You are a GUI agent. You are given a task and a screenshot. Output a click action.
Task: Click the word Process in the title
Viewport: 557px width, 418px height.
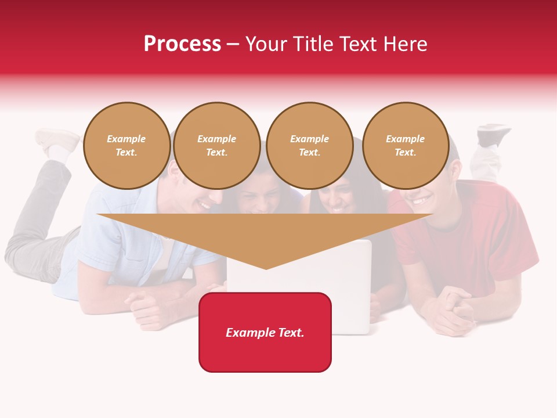click(x=182, y=44)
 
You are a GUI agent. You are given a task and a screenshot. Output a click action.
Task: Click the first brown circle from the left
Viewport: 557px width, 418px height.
click(x=126, y=146)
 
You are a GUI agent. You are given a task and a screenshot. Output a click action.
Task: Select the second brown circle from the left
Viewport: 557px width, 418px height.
click(x=217, y=146)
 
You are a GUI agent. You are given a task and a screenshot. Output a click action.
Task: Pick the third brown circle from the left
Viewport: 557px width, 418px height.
click(x=310, y=146)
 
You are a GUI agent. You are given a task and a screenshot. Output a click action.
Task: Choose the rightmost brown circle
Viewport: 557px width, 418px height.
click(x=406, y=146)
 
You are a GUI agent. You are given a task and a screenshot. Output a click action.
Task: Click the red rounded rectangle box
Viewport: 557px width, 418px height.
click(x=265, y=332)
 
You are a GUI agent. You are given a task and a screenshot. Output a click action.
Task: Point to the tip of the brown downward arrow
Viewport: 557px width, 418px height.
click(x=266, y=268)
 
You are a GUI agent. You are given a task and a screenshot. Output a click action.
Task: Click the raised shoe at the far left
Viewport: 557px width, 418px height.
click(x=56, y=139)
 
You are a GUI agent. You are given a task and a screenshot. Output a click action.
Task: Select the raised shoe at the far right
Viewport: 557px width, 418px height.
click(x=493, y=134)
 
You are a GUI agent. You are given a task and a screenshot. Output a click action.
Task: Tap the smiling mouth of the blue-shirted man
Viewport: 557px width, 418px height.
click(x=204, y=204)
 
